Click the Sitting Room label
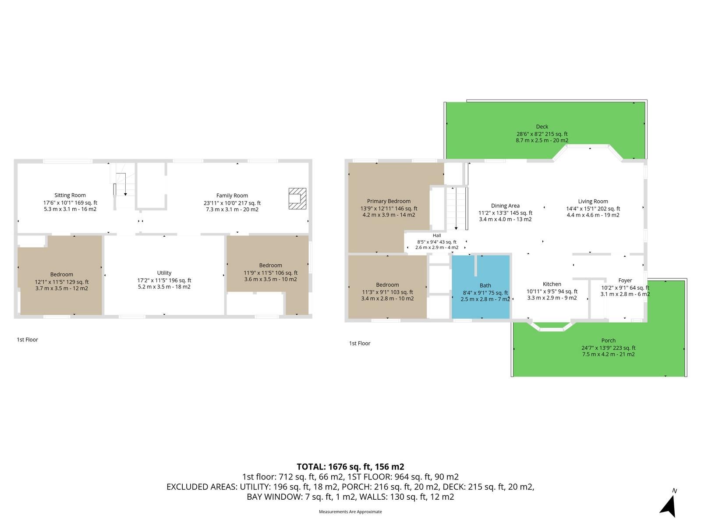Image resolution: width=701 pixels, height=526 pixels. (x=70, y=195)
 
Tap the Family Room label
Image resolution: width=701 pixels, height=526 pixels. (x=232, y=195)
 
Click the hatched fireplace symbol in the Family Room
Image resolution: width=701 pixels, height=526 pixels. (x=297, y=199)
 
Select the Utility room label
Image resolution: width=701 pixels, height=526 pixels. (x=164, y=273)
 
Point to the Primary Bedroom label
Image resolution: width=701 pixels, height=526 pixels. (x=389, y=201)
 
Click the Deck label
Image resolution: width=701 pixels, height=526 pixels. (x=542, y=127)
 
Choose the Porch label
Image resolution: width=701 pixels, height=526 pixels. (x=608, y=341)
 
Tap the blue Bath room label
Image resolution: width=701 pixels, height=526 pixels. (x=485, y=285)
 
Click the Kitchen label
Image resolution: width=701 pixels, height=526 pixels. (x=552, y=284)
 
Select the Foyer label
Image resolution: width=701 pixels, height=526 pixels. (x=625, y=281)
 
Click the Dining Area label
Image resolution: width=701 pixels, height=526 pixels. (x=505, y=206)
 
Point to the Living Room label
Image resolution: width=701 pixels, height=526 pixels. (x=593, y=201)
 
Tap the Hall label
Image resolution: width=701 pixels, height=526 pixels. (x=436, y=235)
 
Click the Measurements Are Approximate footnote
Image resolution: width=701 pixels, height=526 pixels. (x=350, y=512)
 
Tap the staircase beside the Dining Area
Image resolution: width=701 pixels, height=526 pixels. (x=456, y=209)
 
